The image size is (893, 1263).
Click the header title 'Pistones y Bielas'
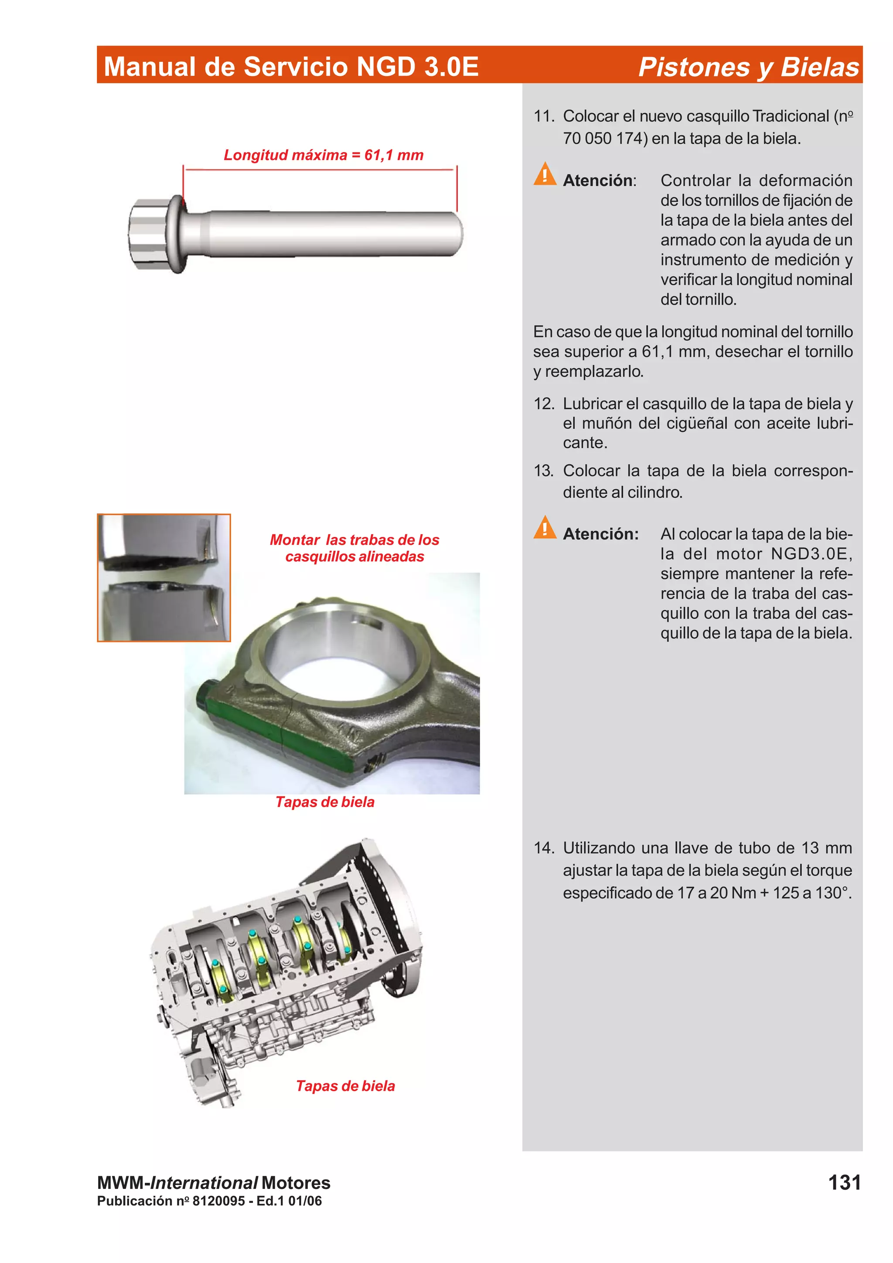[748, 67]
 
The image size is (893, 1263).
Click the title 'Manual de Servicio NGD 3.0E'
[291, 67]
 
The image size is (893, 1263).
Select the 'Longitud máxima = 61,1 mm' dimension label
[324, 155]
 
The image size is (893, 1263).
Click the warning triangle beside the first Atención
[545, 174]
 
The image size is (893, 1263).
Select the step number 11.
[544, 116]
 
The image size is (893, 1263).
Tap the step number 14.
[544, 848]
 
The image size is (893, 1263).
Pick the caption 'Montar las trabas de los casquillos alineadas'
[354, 548]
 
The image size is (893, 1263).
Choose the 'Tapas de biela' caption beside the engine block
[345, 1086]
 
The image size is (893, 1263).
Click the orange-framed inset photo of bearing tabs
[164, 577]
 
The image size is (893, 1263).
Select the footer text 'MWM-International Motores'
[214, 1183]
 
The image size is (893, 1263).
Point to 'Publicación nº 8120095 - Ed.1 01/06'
[209, 1201]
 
